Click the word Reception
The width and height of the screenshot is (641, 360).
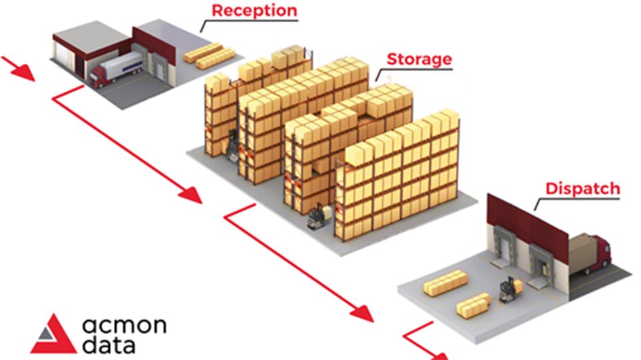click(x=255, y=11)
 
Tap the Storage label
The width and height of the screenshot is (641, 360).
click(x=419, y=59)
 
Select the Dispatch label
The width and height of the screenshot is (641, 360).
click(x=582, y=188)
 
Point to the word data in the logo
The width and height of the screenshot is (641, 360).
click(x=110, y=346)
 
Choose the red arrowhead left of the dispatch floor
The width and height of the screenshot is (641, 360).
click(x=363, y=310)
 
